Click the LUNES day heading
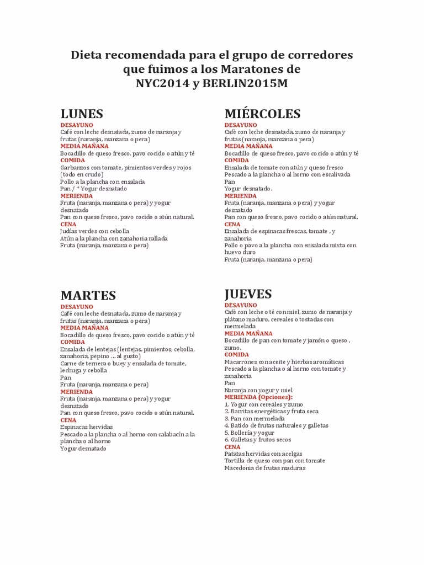(82, 114)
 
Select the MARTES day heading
(88, 295)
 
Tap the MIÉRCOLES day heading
(263, 114)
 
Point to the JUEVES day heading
(248, 294)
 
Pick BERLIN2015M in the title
(245, 84)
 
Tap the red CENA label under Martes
(68, 420)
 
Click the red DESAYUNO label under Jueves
(241, 305)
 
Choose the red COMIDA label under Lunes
(73, 160)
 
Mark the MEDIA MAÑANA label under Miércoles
(248, 146)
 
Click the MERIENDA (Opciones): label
(258, 397)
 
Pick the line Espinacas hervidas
(87, 427)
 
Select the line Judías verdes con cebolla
(94, 231)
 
